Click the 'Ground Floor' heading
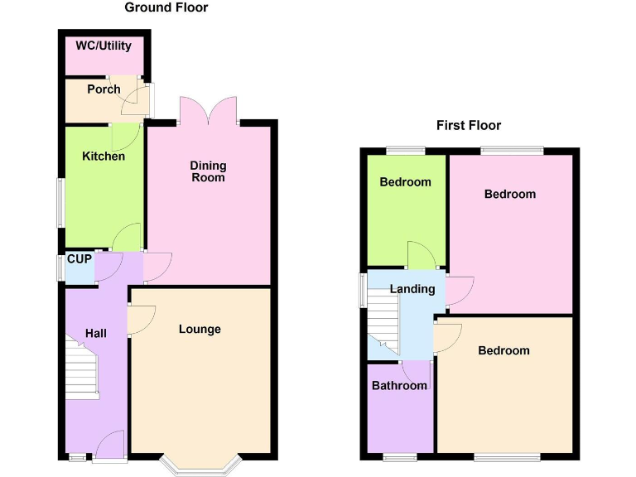pos(166,8)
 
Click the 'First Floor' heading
pos(469,126)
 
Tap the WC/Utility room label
pos(104,46)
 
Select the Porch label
pos(104,89)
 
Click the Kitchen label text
pos(104,157)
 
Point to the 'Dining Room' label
pos(208,171)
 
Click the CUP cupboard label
pos(79,259)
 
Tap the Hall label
pos(96,333)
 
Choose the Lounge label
pos(200,330)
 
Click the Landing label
pos(412,289)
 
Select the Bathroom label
pos(399,386)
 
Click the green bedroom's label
pos(405,182)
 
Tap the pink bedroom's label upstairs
pos(509,195)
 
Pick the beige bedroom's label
pos(503,351)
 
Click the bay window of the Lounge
pos(200,465)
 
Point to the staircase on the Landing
pos(383,327)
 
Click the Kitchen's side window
pos(60,203)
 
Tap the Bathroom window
pos(399,456)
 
